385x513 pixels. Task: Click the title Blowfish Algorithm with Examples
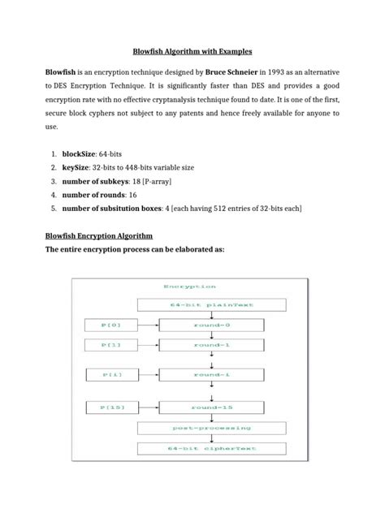click(192, 49)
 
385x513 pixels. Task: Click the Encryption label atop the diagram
click(189, 287)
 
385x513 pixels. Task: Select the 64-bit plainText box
click(211, 305)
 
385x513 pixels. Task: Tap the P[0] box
click(111, 325)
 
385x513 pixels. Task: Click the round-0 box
click(211, 325)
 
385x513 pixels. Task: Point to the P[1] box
click(111, 345)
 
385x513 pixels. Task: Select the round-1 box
click(211, 345)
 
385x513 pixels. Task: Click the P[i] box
click(111, 375)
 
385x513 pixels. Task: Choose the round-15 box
click(211, 407)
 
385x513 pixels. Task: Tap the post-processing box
click(211, 427)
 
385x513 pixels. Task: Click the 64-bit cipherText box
click(211, 448)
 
